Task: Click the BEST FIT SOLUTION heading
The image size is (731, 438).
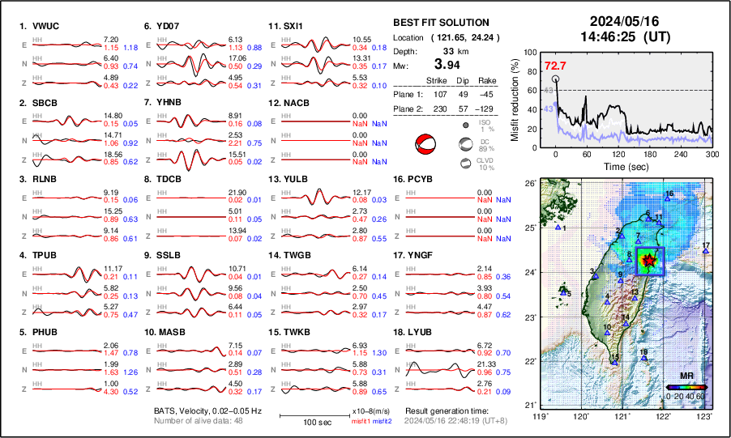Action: pyautogui.click(x=441, y=23)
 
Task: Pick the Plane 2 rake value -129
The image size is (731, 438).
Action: pyautogui.click(x=489, y=109)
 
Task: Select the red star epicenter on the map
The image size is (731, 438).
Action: pyautogui.click(x=648, y=261)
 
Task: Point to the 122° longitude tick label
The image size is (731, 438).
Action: pyautogui.click(x=663, y=416)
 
